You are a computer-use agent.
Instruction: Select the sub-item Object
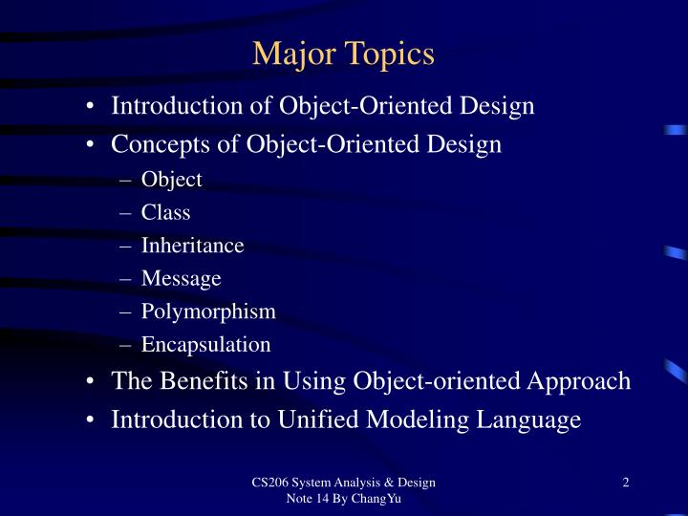click(x=172, y=179)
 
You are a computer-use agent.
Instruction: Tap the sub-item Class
click(x=166, y=212)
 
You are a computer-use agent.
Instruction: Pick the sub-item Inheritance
click(x=193, y=246)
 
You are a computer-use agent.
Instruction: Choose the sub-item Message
click(x=182, y=278)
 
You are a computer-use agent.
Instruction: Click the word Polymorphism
click(x=208, y=312)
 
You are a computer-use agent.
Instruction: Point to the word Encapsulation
click(x=206, y=344)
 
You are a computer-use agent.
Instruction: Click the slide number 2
click(x=625, y=483)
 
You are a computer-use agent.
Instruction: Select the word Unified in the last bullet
click(x=296, y=419)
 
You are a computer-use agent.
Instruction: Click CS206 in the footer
click(x=269, y=483)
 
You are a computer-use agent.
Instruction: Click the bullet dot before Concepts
click(x=89, y=146)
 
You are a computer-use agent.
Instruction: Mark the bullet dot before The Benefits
click(x=89, y=382)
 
